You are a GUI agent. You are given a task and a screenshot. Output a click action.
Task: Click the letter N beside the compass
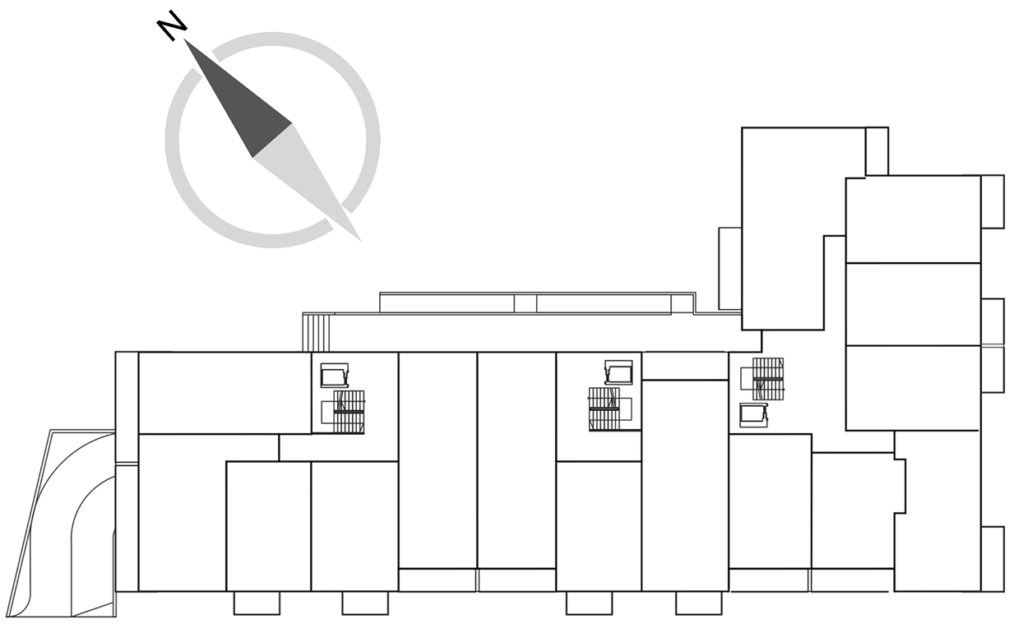[x=172, y=25]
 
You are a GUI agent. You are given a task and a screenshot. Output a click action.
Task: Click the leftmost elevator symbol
[x=335, y=376]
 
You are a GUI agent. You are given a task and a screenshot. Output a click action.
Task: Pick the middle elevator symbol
[x=619, y=372]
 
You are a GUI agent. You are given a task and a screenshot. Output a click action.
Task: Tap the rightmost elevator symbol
[x=753, y=415]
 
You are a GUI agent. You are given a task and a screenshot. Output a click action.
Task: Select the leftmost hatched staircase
[x=349, y=412]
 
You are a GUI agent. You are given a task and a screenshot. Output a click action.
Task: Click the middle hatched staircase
[x=604, y=409]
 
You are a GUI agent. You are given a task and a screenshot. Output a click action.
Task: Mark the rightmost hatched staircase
[x=768, y=379]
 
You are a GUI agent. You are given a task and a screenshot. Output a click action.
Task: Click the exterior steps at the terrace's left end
[x=316, y=332]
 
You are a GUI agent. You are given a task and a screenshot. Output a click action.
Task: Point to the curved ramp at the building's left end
[x=61, y=524]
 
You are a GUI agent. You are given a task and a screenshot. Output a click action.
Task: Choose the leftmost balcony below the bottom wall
[x=257, y=603]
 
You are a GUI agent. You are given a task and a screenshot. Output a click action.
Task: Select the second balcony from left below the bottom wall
[x=365, y=603]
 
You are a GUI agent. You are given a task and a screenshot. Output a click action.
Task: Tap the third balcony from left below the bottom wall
[x=589, y=603]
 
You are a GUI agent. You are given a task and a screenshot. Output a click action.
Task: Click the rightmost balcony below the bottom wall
[x=699, y=603]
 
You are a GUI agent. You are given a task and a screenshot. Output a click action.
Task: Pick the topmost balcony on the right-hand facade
[x=993, y=201]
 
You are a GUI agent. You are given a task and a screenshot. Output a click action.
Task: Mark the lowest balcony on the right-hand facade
[x=993, y=559]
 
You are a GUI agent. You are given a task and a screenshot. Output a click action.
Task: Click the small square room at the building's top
[x=877, y=151]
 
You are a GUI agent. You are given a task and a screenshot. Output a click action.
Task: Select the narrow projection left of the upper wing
[x=729, y=268]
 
